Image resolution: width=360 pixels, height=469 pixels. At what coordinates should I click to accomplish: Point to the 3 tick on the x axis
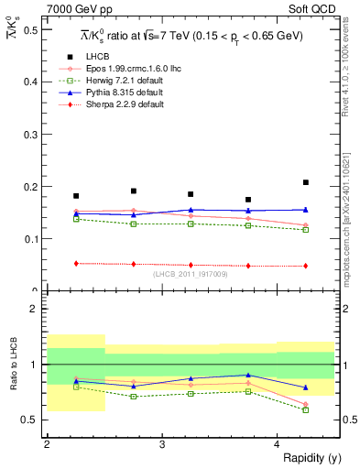point(162,444)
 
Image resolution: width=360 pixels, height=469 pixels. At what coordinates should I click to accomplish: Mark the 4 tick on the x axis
point(278,444)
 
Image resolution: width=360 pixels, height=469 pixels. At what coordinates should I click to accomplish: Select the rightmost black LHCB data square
point(306,182)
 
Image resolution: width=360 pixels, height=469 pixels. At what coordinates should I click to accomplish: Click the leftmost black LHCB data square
point(76,196)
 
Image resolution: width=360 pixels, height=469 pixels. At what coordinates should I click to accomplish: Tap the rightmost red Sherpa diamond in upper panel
point(306,266)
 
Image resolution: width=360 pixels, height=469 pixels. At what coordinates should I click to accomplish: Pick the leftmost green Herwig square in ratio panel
point(76,387)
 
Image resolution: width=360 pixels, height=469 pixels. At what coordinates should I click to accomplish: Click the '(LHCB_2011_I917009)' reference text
point(191,274)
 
